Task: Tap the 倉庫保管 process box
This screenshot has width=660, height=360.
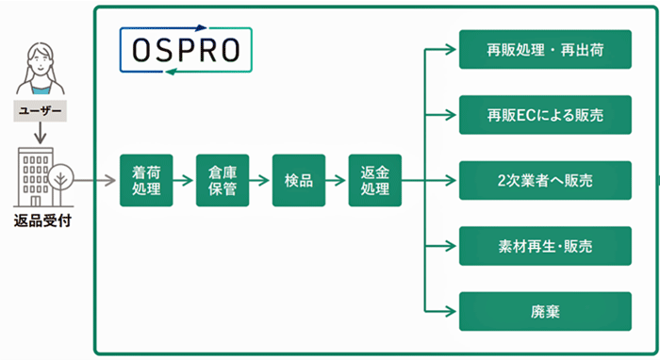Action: (223, 179)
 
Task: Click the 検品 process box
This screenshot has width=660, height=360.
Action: (298, 179)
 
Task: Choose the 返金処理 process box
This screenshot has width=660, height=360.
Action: (374, 179)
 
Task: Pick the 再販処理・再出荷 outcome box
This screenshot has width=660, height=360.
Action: (544, 49)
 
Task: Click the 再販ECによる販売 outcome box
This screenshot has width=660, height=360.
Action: (544, 115)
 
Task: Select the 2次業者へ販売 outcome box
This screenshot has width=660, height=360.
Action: (544, 180)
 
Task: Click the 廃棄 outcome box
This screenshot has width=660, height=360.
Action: (544, 311)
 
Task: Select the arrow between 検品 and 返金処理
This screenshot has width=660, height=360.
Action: (337, 179)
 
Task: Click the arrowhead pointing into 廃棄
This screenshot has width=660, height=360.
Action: (453, 311)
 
